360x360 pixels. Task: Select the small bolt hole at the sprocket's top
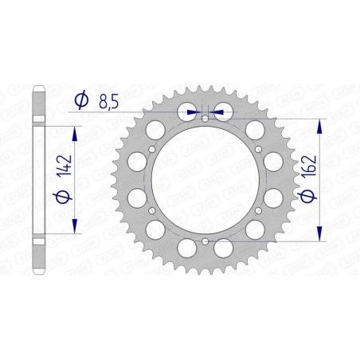click(x=205, y=119)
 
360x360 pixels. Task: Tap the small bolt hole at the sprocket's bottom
click(x=205, y=240)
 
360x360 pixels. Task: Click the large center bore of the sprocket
click(x=205, y=179)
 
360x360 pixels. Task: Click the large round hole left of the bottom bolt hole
click(x=182, y=248)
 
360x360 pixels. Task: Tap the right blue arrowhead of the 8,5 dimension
click(x=216, y=112)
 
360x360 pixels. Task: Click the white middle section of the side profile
click(x=38, y=179)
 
